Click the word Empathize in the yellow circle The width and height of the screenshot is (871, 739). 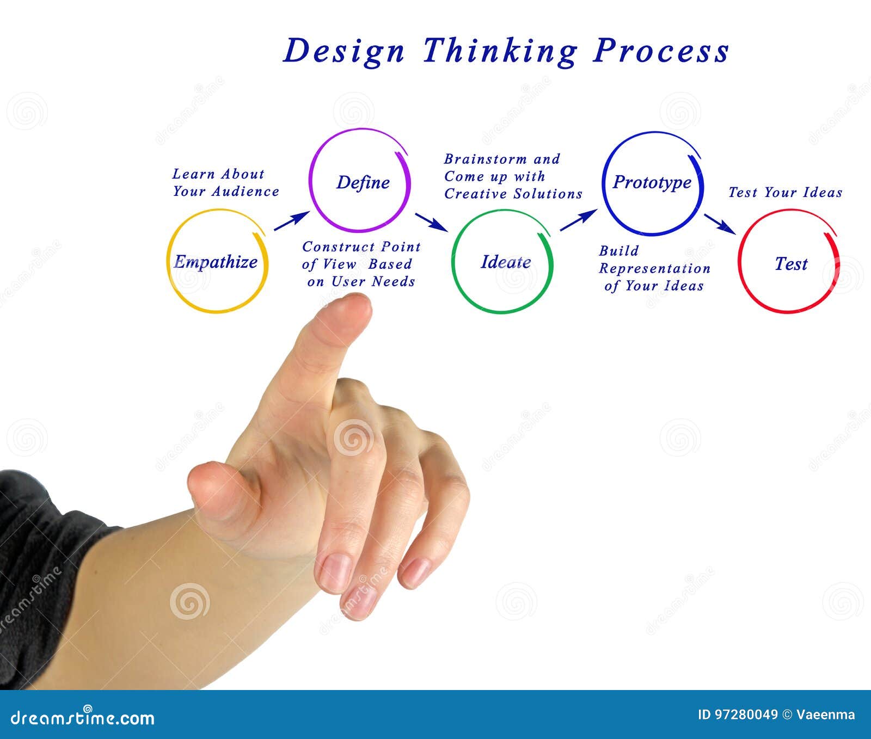point(216,262)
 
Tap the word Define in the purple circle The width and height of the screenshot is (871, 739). point(363,182)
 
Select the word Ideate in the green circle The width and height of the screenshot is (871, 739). point(506,262)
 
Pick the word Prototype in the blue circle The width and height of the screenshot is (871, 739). point(652,182)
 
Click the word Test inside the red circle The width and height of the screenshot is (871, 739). point(791,264)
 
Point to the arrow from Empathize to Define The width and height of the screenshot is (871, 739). point(291,221)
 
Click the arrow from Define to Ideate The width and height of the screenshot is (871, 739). point(432,221)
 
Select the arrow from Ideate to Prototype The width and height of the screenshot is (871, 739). point(578,220)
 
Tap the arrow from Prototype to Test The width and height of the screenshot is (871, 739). point(720,223)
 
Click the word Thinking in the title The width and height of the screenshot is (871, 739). point(499,52)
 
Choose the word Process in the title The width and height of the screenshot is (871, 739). point(661,52)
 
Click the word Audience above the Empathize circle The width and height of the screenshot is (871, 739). point(246,192)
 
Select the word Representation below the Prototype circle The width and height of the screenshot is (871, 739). point(655,269)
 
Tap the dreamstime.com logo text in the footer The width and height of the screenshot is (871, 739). point(83,718)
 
